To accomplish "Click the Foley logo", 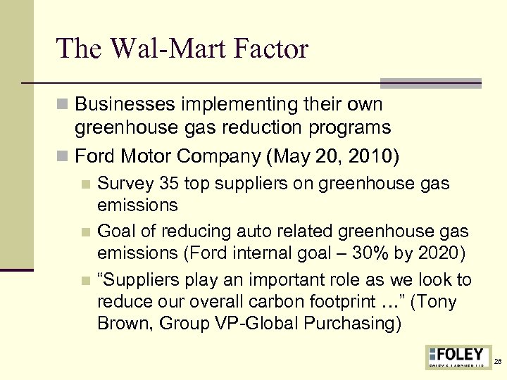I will [458, 357].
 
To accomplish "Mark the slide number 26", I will [498, 361].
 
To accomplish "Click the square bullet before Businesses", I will [64, 105].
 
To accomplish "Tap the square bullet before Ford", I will [64, 156].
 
